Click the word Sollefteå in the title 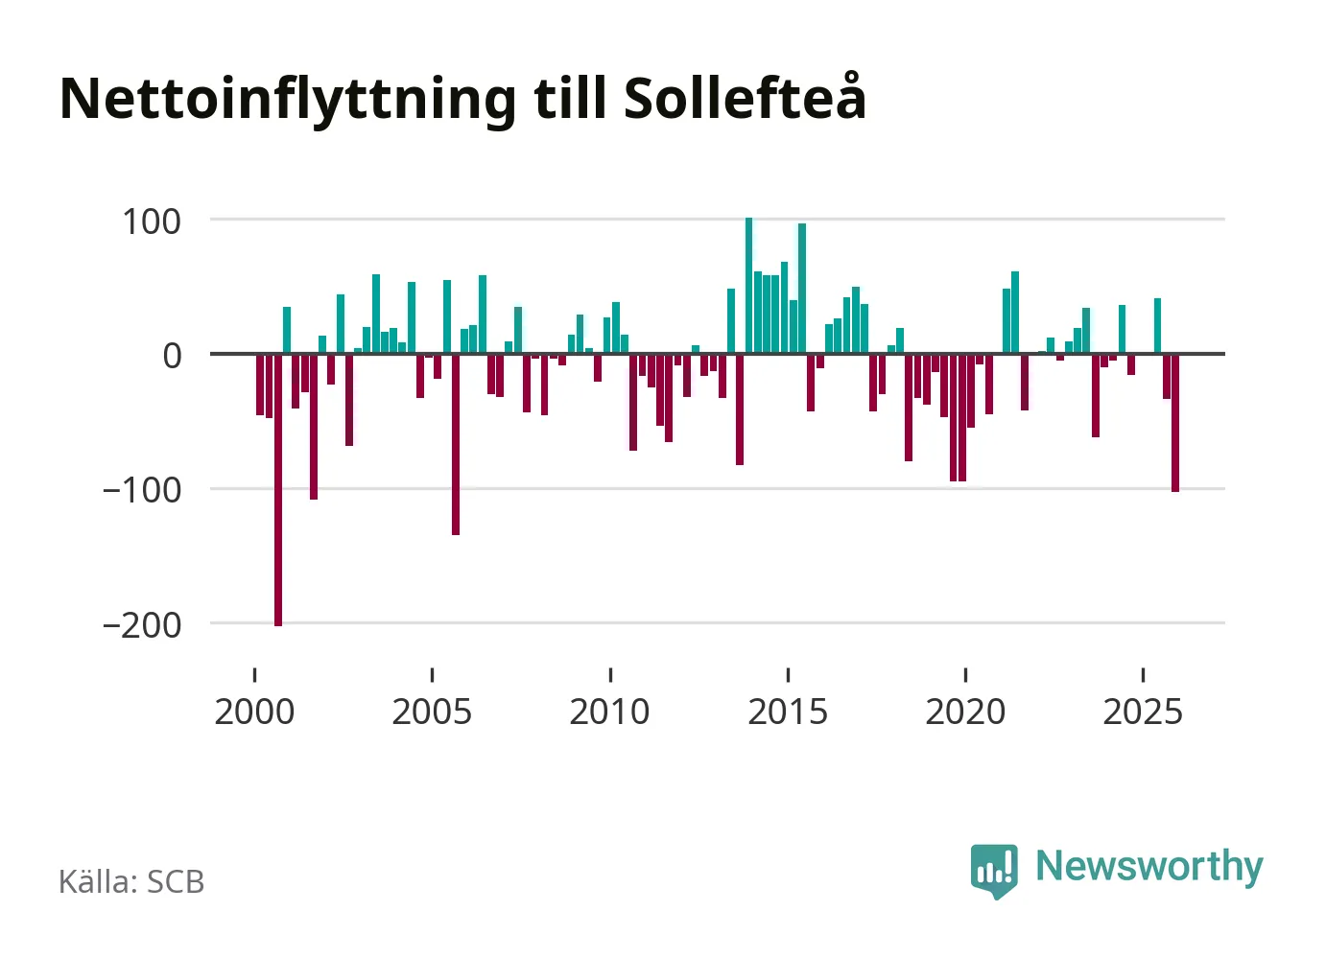[745, 98]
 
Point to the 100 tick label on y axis [152, 222]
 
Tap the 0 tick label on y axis [172, 356]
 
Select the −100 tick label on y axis [142, 490]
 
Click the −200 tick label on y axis [142, 624]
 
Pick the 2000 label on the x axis [254, 712]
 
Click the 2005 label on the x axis [432, 712]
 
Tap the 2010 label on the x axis [609, 712]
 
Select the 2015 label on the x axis [788, 712]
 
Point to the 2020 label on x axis [965, 712]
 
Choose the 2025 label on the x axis [1143, 712]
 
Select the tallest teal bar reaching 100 [749, 288]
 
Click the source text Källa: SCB [131, 881]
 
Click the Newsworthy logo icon [994, 870]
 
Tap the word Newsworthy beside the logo [1148, 866]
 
